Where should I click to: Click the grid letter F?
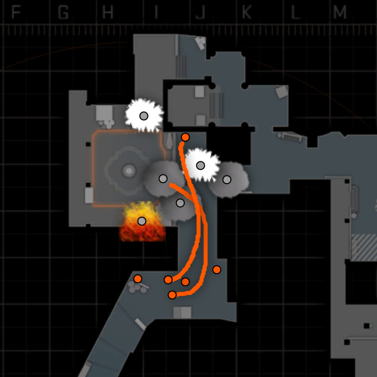16,13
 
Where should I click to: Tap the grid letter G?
62,13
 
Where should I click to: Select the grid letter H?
108,13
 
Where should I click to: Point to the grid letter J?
200,13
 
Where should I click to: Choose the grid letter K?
247,13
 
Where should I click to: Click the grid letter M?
339,13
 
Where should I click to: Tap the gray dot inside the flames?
142,221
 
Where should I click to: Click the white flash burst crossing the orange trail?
200,165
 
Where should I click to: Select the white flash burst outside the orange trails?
144,116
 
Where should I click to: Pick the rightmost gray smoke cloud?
227,179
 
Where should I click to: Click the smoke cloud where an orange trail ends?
163,179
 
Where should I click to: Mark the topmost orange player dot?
185,137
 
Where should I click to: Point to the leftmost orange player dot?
137,278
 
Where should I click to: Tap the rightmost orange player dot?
216,269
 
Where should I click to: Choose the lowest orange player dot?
172,295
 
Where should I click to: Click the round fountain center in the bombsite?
128,170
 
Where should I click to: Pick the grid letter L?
295,13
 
